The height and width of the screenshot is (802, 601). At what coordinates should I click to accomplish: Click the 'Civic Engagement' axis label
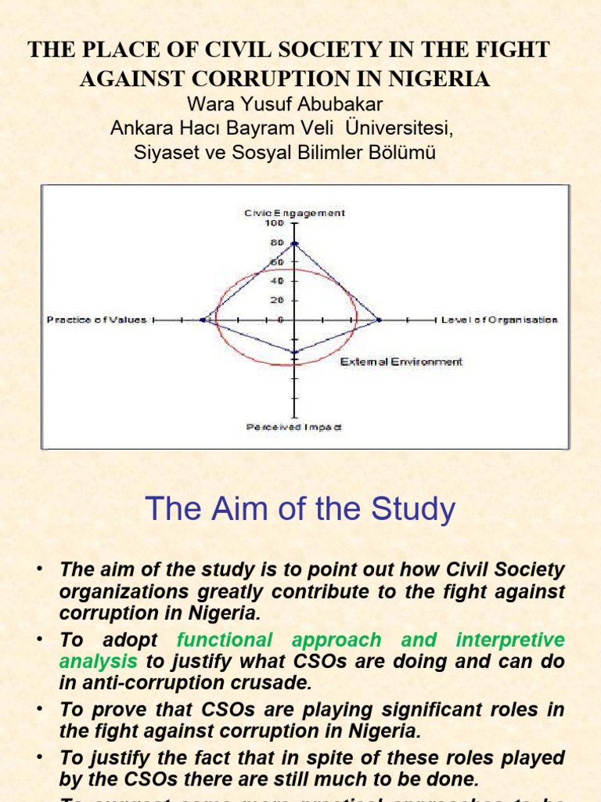[294, 212]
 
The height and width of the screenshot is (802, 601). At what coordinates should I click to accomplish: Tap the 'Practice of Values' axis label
[96, 320]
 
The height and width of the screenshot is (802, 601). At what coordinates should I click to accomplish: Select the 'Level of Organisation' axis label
[499, 320]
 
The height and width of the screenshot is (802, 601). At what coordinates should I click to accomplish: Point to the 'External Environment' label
[401, 362]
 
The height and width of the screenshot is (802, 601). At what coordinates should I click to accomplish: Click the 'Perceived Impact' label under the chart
[294, 427]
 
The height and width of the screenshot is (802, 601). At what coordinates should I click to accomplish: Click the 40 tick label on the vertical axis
[276, 281]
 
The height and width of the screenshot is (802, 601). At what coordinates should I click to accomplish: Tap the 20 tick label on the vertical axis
[276, 301]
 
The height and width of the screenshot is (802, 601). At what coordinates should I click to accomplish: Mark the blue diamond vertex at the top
[294, 244]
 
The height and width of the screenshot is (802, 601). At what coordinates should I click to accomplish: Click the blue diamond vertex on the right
[380, 320]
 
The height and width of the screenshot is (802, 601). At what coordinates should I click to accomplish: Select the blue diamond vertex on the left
[203, 320]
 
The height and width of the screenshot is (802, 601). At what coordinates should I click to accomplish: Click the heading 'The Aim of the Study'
[300, 510]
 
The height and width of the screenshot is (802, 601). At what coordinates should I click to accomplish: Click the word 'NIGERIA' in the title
[446, 78]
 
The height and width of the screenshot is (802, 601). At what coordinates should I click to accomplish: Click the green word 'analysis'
[98, 661]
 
